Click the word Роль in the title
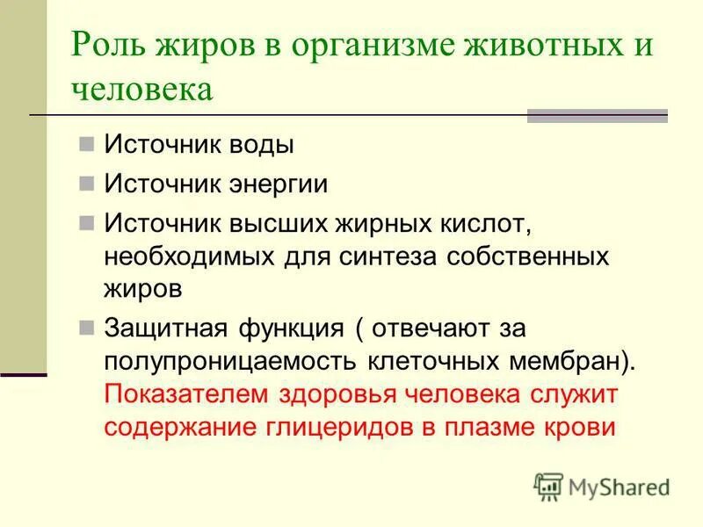pyautogui.click(x=104, y=44)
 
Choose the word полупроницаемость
pyautogui.click(x=220, y=361)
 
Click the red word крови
pyautogui.click(x=582, y=426)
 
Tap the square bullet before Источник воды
pyautogui.click(x=86, y=143)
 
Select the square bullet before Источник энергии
pyautogui.click(x=86, y=183)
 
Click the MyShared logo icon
pyautogui.click(x=548, y=486)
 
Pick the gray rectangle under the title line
pyautogui.click(x=597, y=116)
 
